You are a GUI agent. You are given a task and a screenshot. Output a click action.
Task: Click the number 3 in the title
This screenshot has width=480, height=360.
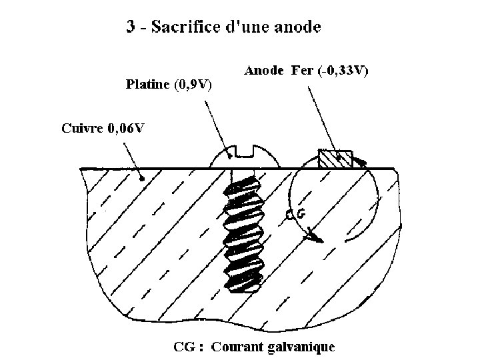pyautogui.click(x=131, y=27)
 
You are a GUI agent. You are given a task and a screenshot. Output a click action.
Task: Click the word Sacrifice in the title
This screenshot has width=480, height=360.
pyautogui.click(x=182, y=27)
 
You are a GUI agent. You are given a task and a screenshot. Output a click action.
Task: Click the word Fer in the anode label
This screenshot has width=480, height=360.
pyautogui.click(x=302, y=70)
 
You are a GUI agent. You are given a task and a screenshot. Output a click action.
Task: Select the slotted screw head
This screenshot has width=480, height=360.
pyautogui.click(x=244, y=156)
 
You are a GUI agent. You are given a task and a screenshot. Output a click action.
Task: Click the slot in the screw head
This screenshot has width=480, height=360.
pyautogui.click(x=244, y=153)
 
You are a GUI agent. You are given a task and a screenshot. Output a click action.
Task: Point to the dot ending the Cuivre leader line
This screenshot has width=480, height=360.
pyautogui.click(x=142, y=178)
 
